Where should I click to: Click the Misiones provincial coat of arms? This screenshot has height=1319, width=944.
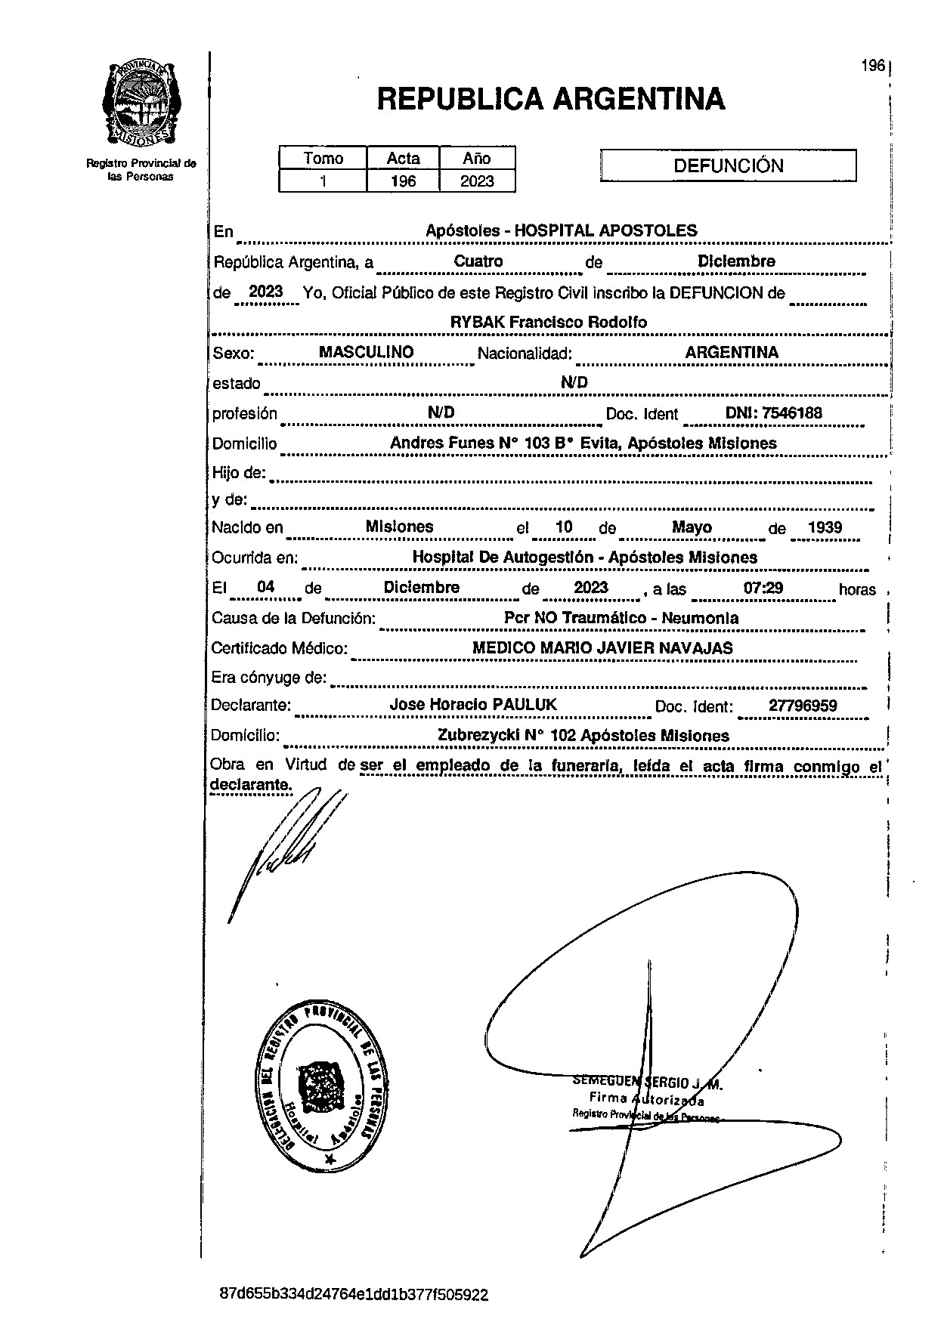tap(141, 103)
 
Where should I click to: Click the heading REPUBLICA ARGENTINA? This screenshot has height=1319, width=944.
tap(551, 99)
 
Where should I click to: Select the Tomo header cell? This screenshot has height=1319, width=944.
tap(323, 158)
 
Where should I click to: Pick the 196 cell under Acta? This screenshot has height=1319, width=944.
tap(403, 181)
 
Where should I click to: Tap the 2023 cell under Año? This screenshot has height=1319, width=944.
tap(477, 181)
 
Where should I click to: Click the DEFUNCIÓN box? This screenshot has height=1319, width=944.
tap(728, 166)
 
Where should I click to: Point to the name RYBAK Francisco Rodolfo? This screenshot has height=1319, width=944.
tap(549, 322)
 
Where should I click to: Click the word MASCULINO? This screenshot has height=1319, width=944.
tap(366, 352)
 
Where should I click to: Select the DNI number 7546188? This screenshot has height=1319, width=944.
tap(792, 413)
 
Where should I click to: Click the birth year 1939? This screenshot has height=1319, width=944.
tap(825, 527)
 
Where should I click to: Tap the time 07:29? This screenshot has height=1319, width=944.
tap(763, 588)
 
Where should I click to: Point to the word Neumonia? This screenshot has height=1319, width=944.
tap(700, 618)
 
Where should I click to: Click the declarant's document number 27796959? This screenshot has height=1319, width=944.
tap(802, 706)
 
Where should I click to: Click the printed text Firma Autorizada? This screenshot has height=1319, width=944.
tap(646, 1100)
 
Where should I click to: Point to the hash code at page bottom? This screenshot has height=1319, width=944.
tap(354, 1295)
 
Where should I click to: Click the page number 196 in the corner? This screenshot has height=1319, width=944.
tap(872, 66)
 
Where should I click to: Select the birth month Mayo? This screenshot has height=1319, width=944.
tap(692, 527)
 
